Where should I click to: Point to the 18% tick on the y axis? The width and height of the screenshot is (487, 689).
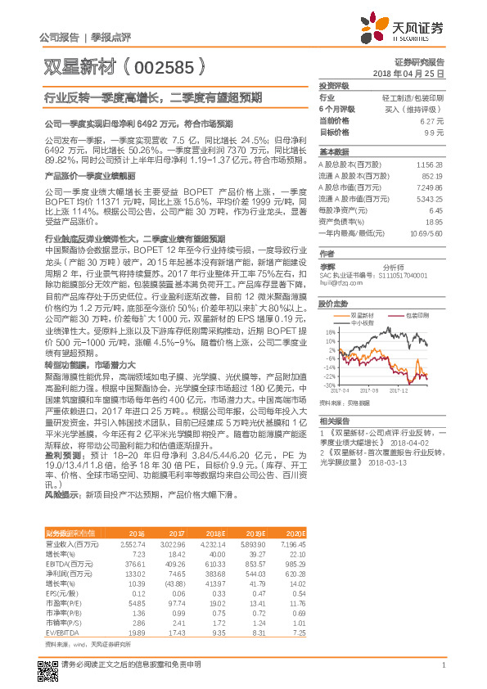(x=330, y=331)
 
